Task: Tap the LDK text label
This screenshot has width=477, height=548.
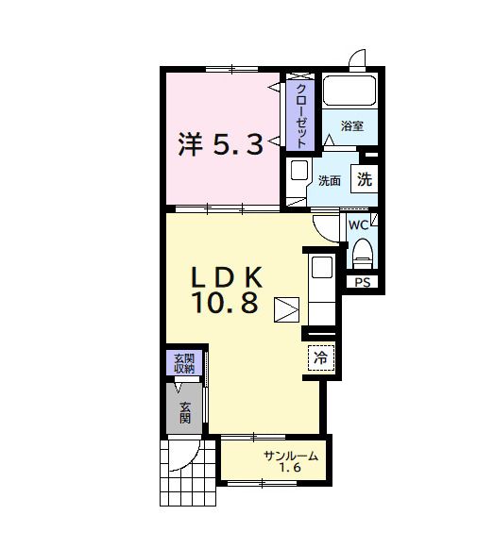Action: (x=228, y=277)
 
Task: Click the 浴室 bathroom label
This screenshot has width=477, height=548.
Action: (x=352, y=125)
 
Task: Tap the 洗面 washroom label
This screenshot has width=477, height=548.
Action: (x=330, y=180)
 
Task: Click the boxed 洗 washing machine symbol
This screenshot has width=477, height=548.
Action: (x=365, y=178)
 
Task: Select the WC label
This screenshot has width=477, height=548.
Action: (x=358, y=225)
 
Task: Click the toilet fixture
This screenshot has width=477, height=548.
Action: (x=363, y=253)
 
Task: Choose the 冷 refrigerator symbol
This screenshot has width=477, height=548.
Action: (x=321, y=357)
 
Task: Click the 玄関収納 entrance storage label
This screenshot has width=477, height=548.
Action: (x=183, y=363)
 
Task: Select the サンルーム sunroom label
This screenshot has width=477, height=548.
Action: (x=290, y=457)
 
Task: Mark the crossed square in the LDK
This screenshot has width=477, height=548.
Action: (x=286, y=309)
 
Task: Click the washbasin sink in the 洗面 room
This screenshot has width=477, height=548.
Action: (x=298, y=172)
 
